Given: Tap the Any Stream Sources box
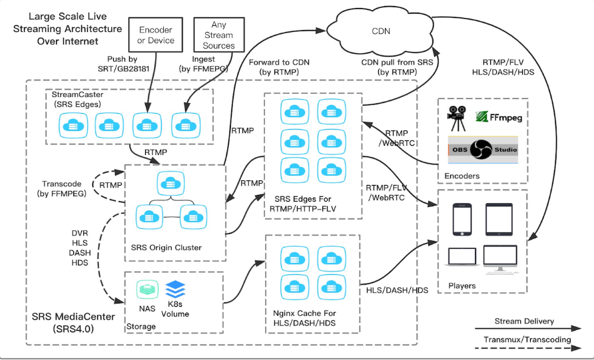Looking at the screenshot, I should (218, 35).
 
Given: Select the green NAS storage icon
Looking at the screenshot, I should (147, 289).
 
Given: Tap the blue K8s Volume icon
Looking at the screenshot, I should (174, 289).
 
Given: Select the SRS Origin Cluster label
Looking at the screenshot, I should (166, 248).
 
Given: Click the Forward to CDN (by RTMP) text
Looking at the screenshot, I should (273, 67).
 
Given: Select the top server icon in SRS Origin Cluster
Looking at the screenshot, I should (166, 183).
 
